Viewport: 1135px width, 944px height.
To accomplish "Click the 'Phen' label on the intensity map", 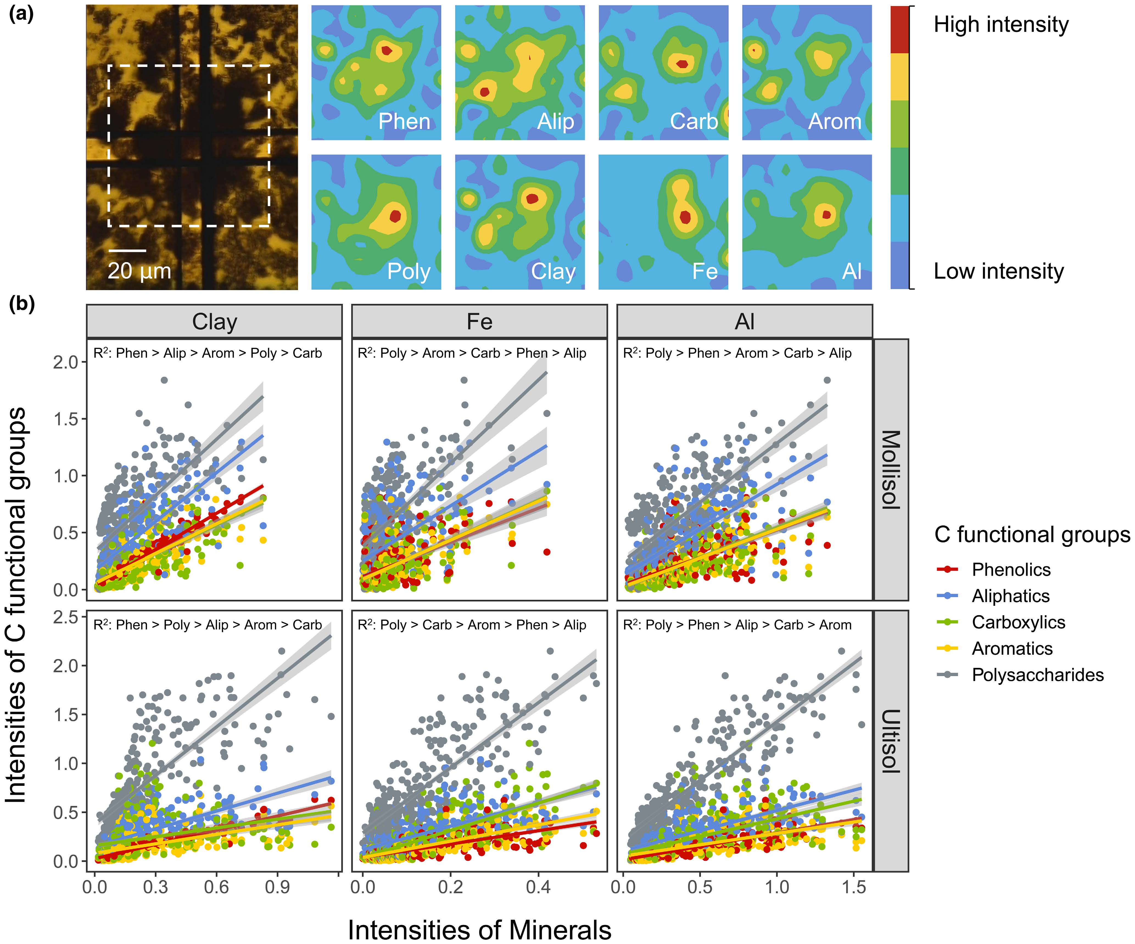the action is (404, 122).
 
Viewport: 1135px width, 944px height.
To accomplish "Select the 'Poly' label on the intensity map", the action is (409, 272).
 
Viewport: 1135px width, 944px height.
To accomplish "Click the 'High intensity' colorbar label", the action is (1001, 25).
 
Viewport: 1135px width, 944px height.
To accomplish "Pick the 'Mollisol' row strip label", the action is (891, 470).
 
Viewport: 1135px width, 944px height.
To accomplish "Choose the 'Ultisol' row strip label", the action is (891, 741).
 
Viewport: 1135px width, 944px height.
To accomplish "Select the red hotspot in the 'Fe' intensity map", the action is (685, 217).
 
